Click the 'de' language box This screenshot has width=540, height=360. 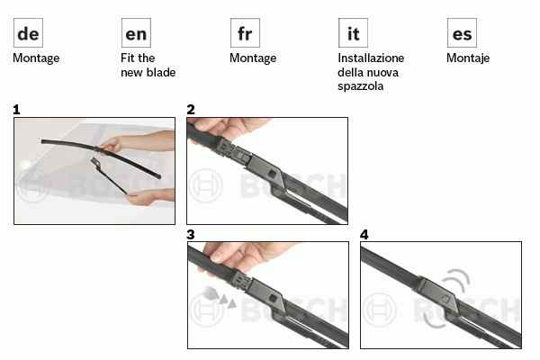coord(28,33)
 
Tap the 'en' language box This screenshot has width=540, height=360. coord(136,33)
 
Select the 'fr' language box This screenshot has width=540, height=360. coord(245,33)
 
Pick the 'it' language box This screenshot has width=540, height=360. coord(353,33)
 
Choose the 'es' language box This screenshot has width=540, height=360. coord(462,33)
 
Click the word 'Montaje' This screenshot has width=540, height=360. coord(468,58)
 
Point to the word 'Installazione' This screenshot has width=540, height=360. coord(371,58)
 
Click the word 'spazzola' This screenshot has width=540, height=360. coord(360,86)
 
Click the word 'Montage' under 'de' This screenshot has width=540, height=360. coord(36,58)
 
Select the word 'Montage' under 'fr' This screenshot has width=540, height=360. coord(253,58)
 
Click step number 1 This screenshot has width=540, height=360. coord(16,110)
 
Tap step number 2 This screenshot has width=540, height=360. coord(191,110)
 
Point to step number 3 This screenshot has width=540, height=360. coord(191,235)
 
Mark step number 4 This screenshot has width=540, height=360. coord(364,235)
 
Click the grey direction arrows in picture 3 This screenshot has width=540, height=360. coord(220,297)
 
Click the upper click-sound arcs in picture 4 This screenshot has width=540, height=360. coord(458,278)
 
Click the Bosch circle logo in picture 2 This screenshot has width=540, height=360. coord(206,185)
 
